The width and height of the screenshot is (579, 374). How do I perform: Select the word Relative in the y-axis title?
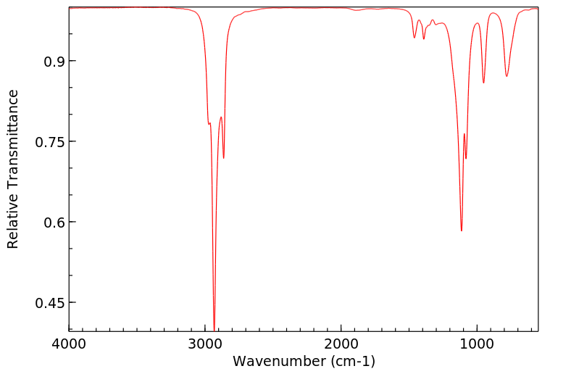point(13,223)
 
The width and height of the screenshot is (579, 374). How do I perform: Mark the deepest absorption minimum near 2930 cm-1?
point(214,328)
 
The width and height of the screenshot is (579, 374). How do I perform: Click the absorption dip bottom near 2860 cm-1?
point(224,158)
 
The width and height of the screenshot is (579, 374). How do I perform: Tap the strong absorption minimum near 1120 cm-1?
point(462,230)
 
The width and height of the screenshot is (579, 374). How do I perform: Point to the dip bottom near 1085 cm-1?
point(466,158)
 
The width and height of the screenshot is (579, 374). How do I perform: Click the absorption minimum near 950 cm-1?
point(483,83)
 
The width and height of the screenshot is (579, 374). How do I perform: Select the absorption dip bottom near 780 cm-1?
point(507,76)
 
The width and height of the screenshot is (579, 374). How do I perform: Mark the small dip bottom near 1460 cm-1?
point(415,38)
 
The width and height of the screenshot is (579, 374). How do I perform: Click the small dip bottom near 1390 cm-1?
point(424,38)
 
